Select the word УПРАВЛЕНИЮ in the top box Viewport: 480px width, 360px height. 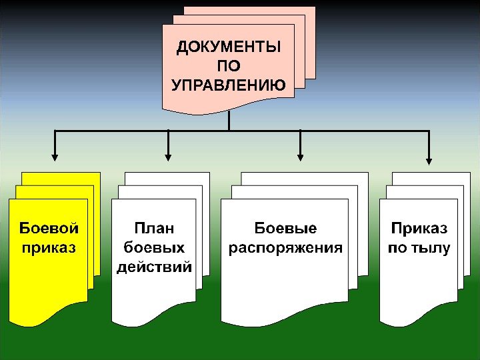tap(229, 85)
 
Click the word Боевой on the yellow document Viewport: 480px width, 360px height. tap(49, 229)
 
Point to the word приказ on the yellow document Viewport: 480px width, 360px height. tap(49, 249)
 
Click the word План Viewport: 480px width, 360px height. tap(154, 229)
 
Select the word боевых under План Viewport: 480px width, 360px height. tap(154, 249)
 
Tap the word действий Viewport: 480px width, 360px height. tap(154, 268)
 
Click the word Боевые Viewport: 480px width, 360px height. tap(285, 229)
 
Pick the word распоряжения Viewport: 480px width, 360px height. tap(285, 249)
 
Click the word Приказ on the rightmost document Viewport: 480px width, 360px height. tap(419, 229)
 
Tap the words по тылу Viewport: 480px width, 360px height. tap(419, 249)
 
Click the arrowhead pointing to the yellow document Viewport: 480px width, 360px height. tap(55, 158)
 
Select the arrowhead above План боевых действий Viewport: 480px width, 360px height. tap(169, 158)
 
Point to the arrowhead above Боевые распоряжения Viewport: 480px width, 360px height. tap(301, 158)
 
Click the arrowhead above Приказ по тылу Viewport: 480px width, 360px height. tap(429, 159)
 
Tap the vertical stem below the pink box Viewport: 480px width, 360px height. tap(229, 121)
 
